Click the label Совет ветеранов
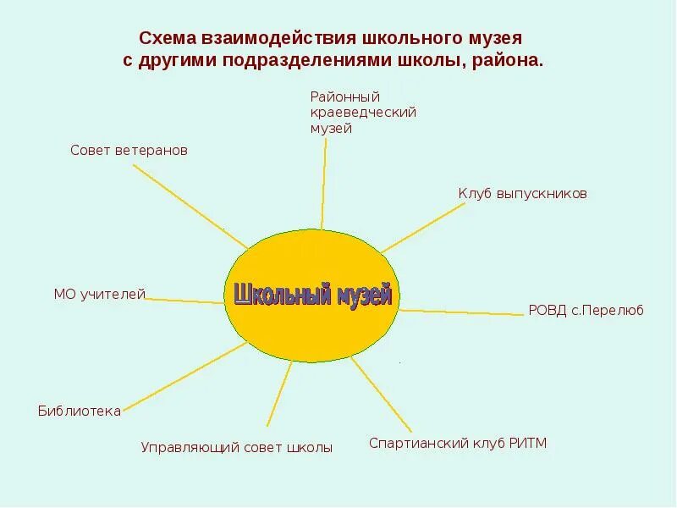click(x=129, y=150)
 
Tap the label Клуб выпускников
click(x=522, y=194)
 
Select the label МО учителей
click(x=100, y=294)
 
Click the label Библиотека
click(x=80, y=411)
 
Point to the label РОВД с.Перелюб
click(x=586, y=311)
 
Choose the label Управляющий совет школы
click(x=236, y=448)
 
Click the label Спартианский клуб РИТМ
click(x=458, y=443)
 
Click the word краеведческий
click(x=363, y=113)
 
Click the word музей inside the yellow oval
click(x=365, y=294)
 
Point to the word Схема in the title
click(x=168, y=39)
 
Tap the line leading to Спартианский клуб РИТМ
click(x=381, y=393)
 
